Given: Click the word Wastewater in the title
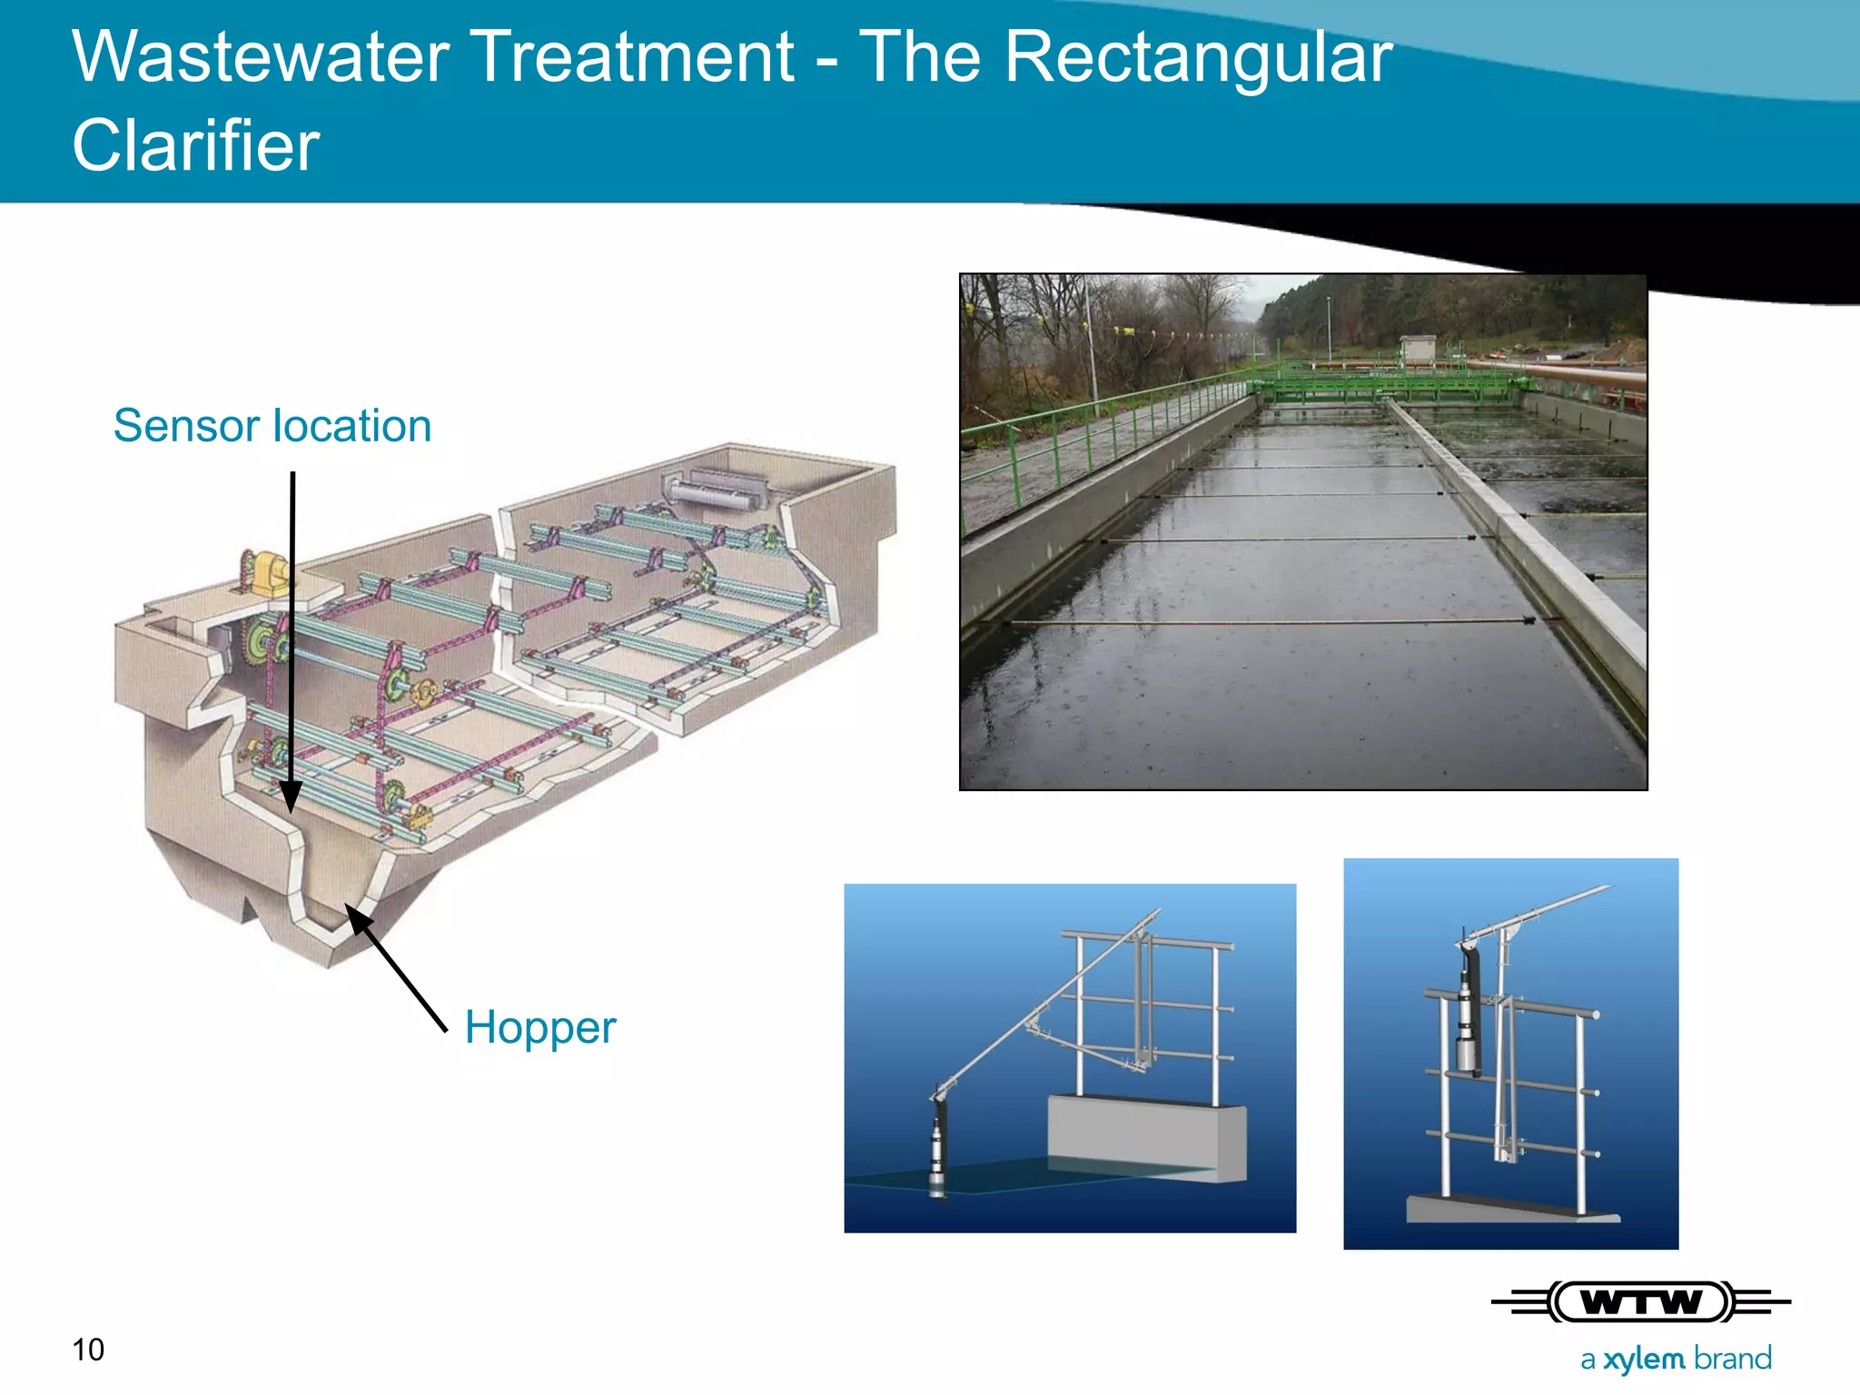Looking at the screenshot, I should click(260, 56).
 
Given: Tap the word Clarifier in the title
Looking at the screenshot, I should click(195, 145).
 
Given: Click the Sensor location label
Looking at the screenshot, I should click(272, 426).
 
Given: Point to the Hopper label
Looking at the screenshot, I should click(539, 1027).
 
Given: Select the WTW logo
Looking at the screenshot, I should click(1640, 1302).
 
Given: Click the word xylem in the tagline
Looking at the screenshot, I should click(1644, 1359).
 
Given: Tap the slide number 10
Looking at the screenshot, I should click(88, 1350).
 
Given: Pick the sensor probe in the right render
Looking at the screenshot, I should click(1468, 1026).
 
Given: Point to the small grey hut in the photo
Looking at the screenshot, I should click(1419, 348).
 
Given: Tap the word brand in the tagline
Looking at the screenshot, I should click(1733, 1359).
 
